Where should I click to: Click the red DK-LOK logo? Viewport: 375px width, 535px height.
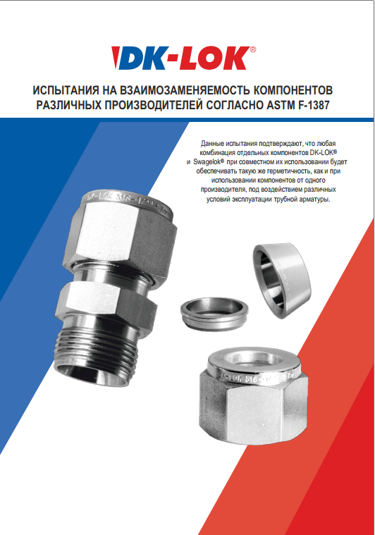tap(181, 58)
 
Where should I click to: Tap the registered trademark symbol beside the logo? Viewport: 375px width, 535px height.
tap(253, 49)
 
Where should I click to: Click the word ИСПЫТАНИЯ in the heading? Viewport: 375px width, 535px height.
tap(63, 90)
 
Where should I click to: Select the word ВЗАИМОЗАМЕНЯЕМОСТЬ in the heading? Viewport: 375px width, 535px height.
tap(179, 90)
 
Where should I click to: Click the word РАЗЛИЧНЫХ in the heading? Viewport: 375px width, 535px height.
tap(68, 105)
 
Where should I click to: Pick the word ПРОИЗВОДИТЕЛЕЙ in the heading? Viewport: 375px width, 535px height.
tap(153, 105)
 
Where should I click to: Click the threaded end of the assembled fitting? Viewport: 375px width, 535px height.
tap(97, 352)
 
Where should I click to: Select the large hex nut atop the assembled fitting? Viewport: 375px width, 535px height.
tap(121, 235)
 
